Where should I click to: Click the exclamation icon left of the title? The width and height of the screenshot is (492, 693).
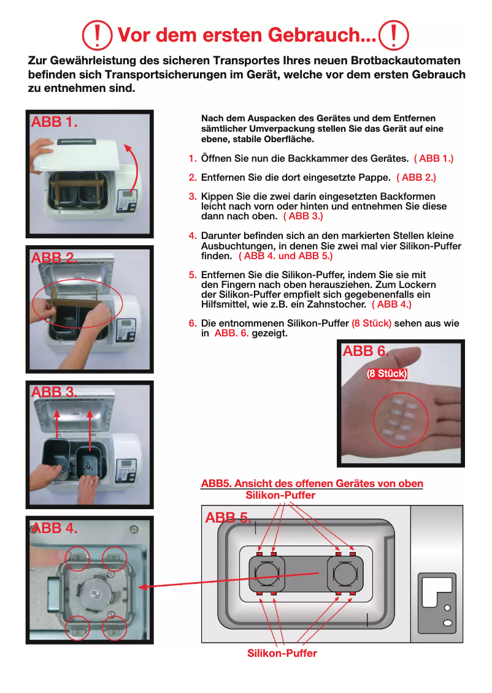point(98,35)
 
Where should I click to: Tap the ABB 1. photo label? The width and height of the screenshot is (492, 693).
point(54,122)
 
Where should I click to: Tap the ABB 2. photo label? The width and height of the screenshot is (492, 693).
point(54,258)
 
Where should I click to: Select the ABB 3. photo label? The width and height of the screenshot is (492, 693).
point(54,392)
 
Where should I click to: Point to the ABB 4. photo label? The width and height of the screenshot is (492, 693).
point(54,528)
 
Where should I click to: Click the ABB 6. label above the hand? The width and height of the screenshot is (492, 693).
point(366,351)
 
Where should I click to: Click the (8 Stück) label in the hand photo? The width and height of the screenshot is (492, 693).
point(386,374)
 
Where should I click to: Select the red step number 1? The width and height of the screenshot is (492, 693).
point(192,159)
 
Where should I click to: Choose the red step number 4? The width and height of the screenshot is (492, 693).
point(192,236)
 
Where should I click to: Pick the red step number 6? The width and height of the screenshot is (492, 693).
point(192,324)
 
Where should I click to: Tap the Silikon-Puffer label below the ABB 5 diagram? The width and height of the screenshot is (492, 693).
point(282,653)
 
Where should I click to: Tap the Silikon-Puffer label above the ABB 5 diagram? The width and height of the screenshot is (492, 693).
point(280,495)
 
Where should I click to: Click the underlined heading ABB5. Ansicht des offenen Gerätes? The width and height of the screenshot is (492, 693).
point(312,483)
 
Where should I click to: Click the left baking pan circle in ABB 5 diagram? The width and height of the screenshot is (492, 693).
point(267,575)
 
